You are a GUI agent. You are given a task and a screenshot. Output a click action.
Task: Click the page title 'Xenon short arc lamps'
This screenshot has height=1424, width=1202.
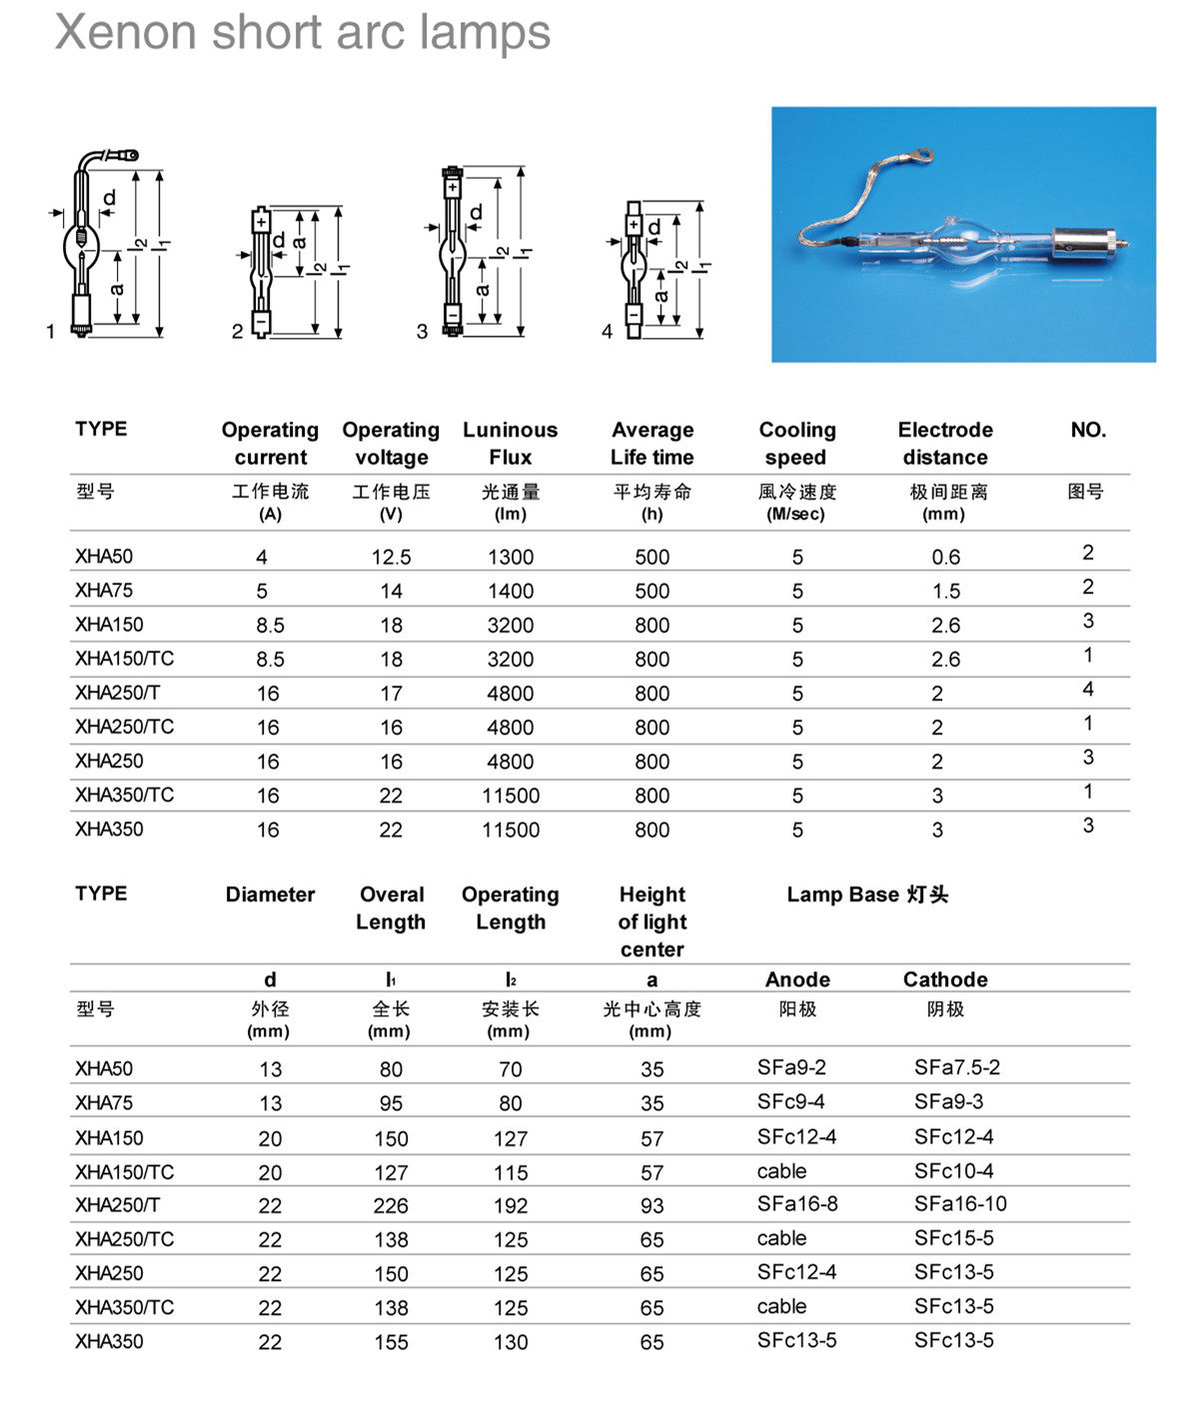click(302, 32)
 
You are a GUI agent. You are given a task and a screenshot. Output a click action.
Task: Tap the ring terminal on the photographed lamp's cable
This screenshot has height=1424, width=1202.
click(923, 156)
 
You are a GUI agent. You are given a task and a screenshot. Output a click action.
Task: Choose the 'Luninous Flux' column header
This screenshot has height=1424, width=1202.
click(510, 443)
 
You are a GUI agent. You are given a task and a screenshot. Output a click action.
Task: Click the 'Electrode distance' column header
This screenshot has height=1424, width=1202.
click(944, 443)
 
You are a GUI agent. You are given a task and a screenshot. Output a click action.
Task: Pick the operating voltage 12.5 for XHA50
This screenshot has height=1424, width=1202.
click(391, 558)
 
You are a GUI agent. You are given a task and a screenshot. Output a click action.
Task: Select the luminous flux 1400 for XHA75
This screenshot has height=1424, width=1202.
click(510, 592)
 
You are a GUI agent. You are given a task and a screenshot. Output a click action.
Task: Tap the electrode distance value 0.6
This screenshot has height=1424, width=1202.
click(945, 558)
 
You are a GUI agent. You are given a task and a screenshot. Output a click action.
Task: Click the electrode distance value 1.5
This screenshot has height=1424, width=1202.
click(945, 592)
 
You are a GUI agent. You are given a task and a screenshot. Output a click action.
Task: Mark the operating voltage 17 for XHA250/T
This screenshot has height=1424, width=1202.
click(391, 694)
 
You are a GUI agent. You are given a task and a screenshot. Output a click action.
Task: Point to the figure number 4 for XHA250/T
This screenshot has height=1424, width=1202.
click(1087, 690)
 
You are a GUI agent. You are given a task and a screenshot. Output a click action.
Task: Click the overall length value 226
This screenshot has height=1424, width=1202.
click(391, 1206)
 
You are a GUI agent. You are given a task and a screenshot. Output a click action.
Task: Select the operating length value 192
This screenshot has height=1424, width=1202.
click(510, 1206)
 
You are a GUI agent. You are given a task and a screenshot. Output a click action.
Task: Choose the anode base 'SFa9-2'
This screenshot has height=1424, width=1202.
click(791, 1067)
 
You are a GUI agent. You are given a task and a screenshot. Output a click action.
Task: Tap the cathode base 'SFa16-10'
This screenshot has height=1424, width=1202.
click(960, 1204)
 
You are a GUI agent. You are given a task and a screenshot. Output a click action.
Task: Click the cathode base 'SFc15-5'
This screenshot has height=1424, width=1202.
click(953, 1238)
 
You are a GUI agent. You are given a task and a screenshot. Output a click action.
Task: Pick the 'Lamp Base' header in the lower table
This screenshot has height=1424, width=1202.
click(866, 894)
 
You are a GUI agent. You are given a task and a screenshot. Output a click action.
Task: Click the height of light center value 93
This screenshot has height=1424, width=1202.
click(651, 1206)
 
